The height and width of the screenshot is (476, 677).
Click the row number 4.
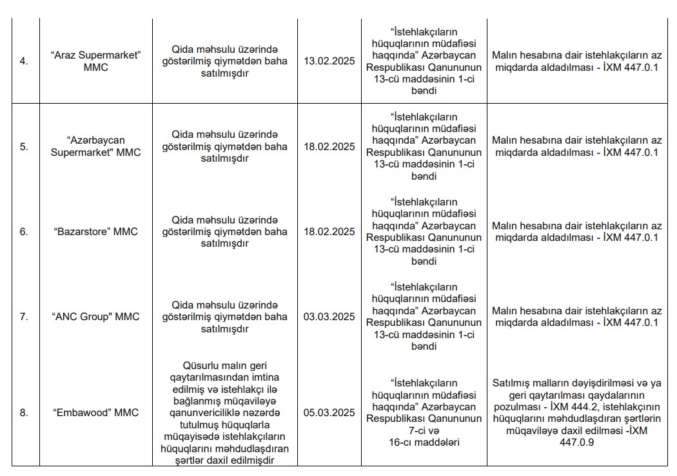24,61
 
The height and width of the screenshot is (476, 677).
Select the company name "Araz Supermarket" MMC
96,61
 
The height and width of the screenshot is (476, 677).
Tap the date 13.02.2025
329,61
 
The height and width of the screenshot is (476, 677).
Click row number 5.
24,146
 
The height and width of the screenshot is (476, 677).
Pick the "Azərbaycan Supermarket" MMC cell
96,146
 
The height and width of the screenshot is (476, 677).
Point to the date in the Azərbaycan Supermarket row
329,146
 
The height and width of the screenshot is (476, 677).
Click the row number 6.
24,232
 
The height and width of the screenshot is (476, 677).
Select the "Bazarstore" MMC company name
96,232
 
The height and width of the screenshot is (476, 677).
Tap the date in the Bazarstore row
329,232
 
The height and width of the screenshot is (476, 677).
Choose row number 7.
24,317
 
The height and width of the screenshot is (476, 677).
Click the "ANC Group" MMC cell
96,317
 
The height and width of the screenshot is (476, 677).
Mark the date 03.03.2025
329,317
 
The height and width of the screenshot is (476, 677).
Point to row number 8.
24,413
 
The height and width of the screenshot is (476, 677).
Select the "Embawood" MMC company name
96,413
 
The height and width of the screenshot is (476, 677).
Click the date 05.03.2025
329,413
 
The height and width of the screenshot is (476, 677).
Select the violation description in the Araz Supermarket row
225,61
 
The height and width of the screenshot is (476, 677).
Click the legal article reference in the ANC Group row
424,317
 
